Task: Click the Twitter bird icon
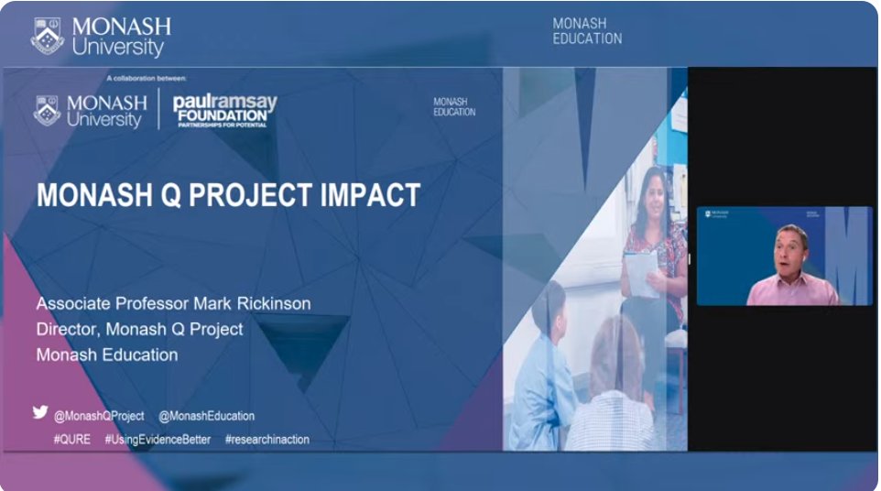pos(40,412)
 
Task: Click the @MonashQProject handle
pos(99,416)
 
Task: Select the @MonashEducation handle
pos(206,416)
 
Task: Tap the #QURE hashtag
pos(72,440)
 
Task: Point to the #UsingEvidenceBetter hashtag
pos(158,440)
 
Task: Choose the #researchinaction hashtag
pos(267,440)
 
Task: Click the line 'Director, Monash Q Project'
pos(139,329)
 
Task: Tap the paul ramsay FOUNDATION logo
pos(224,109)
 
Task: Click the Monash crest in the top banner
pos(47,37)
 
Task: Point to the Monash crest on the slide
pos(48,111)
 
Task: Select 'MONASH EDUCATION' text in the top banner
pos(587,31)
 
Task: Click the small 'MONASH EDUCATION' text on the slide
pos(454,107)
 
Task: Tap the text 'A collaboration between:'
pos(146,79)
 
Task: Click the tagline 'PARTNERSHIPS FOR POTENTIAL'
pos(224,124)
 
